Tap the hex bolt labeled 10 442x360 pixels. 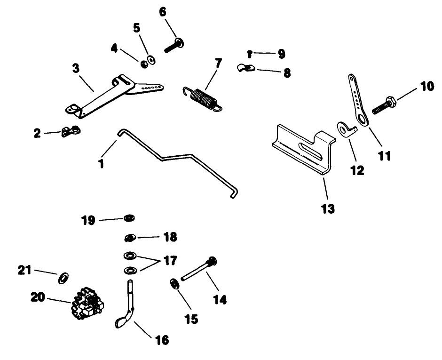383,105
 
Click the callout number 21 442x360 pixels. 24,270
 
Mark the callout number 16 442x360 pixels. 161,339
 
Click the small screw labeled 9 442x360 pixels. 250,53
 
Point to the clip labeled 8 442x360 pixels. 246,69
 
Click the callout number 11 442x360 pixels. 384,156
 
